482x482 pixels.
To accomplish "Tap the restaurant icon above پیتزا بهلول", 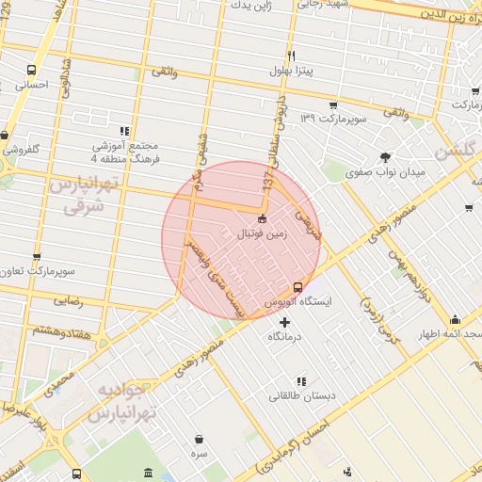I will tap(291, 56).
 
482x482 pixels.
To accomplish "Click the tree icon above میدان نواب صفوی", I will tap(384, 157).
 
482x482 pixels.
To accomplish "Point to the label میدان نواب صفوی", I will tap(386, 173).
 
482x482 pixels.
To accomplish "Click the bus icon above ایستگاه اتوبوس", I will tap(298, 286).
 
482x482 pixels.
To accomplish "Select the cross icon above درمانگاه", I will tap(285, 323).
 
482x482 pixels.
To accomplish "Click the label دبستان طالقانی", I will tap(299, 396).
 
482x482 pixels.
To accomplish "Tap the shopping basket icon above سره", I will tap(200, 438).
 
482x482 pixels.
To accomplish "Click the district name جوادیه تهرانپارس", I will tap(123, 401).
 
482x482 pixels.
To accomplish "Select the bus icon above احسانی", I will tap(33, 70).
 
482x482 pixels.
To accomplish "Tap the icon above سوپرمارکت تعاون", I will tap(37, 256).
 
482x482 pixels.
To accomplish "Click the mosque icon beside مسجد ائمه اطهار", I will tap(456, 319).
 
